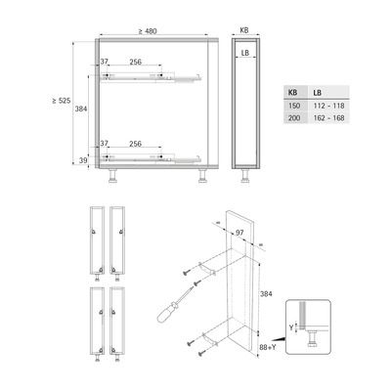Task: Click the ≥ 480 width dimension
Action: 148,31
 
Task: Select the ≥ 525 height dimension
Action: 62,101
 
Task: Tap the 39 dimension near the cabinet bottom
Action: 83,160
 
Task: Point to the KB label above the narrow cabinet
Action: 244,30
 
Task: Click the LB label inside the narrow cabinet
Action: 245,53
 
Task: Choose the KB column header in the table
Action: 293,93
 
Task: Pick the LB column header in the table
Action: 318,93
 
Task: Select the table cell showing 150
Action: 294,106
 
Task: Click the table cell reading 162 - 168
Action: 328,118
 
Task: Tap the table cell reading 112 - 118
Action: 328,106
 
